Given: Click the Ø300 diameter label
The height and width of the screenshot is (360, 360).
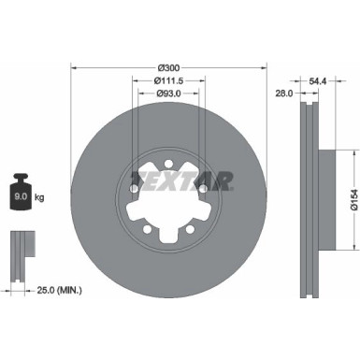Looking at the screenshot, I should coord(169,67).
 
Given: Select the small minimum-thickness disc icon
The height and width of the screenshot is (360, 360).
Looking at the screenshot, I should coord(22,252).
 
